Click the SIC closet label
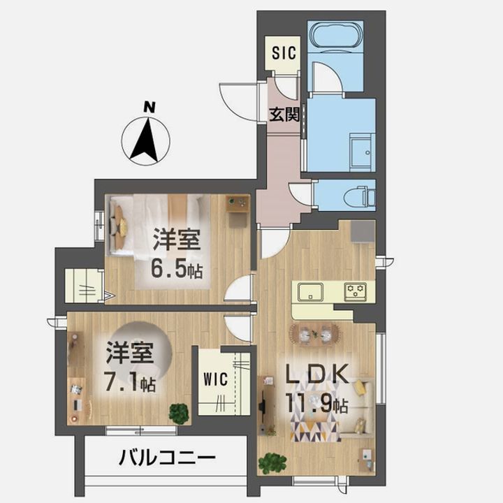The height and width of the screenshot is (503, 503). [x=284, y=52]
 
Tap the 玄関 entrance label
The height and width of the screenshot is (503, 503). [x=284, y=114]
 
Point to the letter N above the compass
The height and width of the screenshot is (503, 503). [x=150, y=107]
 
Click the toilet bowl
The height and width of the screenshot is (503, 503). [x=355, y=196]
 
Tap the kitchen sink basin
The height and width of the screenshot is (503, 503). [x=310, y=291]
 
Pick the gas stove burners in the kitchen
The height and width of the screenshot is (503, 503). [x=356, y=291]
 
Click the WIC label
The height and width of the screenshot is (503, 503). [x=216, y=379]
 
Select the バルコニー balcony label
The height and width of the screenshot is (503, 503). [x=167, y=458]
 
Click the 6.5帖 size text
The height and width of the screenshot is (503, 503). [x=177, y=270]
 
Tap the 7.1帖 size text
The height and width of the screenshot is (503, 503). [x=130, y=383]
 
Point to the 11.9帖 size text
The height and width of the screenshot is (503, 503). [x=316, y=404]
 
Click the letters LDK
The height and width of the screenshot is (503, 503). [x=317, y=374]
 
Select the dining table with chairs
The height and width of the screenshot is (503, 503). [x=314, y=335]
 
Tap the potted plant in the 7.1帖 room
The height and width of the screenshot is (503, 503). [x=179, y=414]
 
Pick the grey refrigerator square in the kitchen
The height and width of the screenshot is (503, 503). [x=363, y=232]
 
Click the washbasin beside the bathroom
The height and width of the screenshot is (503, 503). [x=362, y=152]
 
